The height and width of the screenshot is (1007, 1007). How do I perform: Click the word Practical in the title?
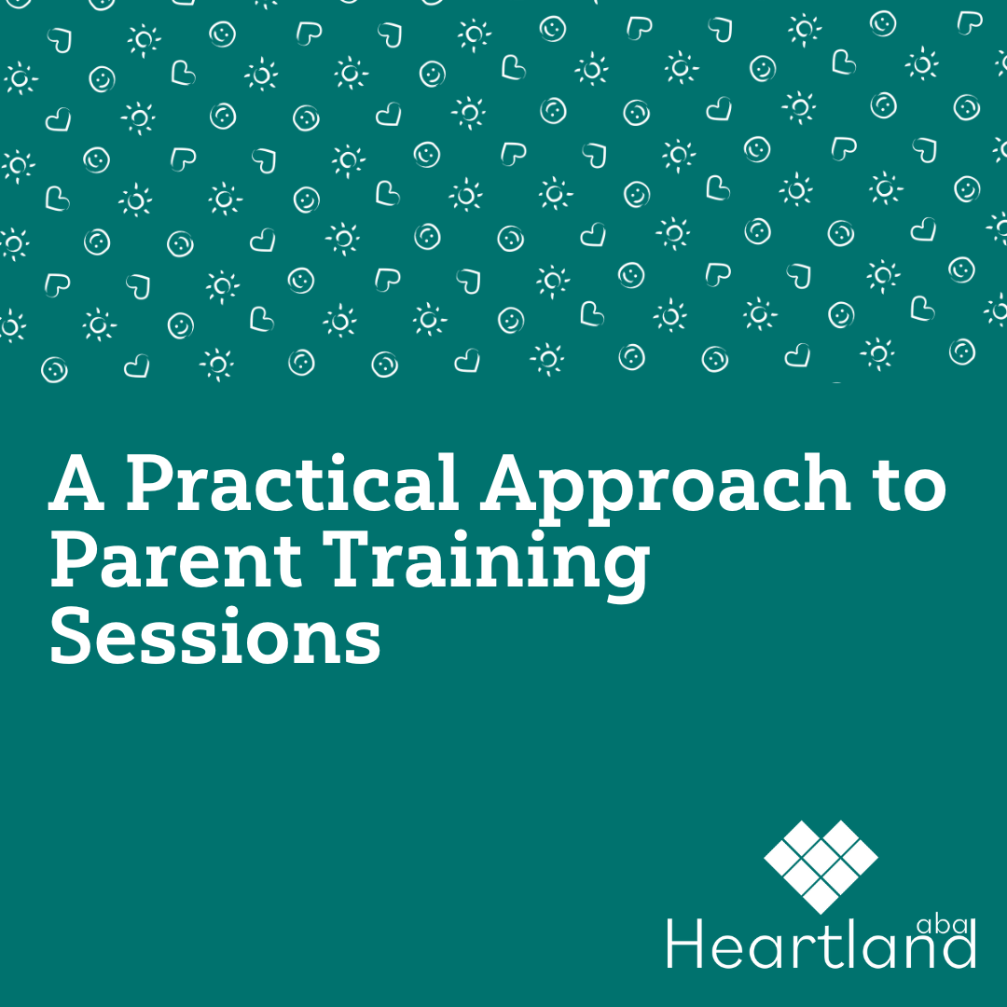point(291,482)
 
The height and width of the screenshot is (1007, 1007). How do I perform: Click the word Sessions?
point(215,635)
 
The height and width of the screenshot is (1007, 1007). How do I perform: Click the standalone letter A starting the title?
point(76,482)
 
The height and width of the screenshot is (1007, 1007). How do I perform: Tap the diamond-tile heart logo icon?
point(821,866)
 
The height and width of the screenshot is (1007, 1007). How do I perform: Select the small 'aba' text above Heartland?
point(943,925)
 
